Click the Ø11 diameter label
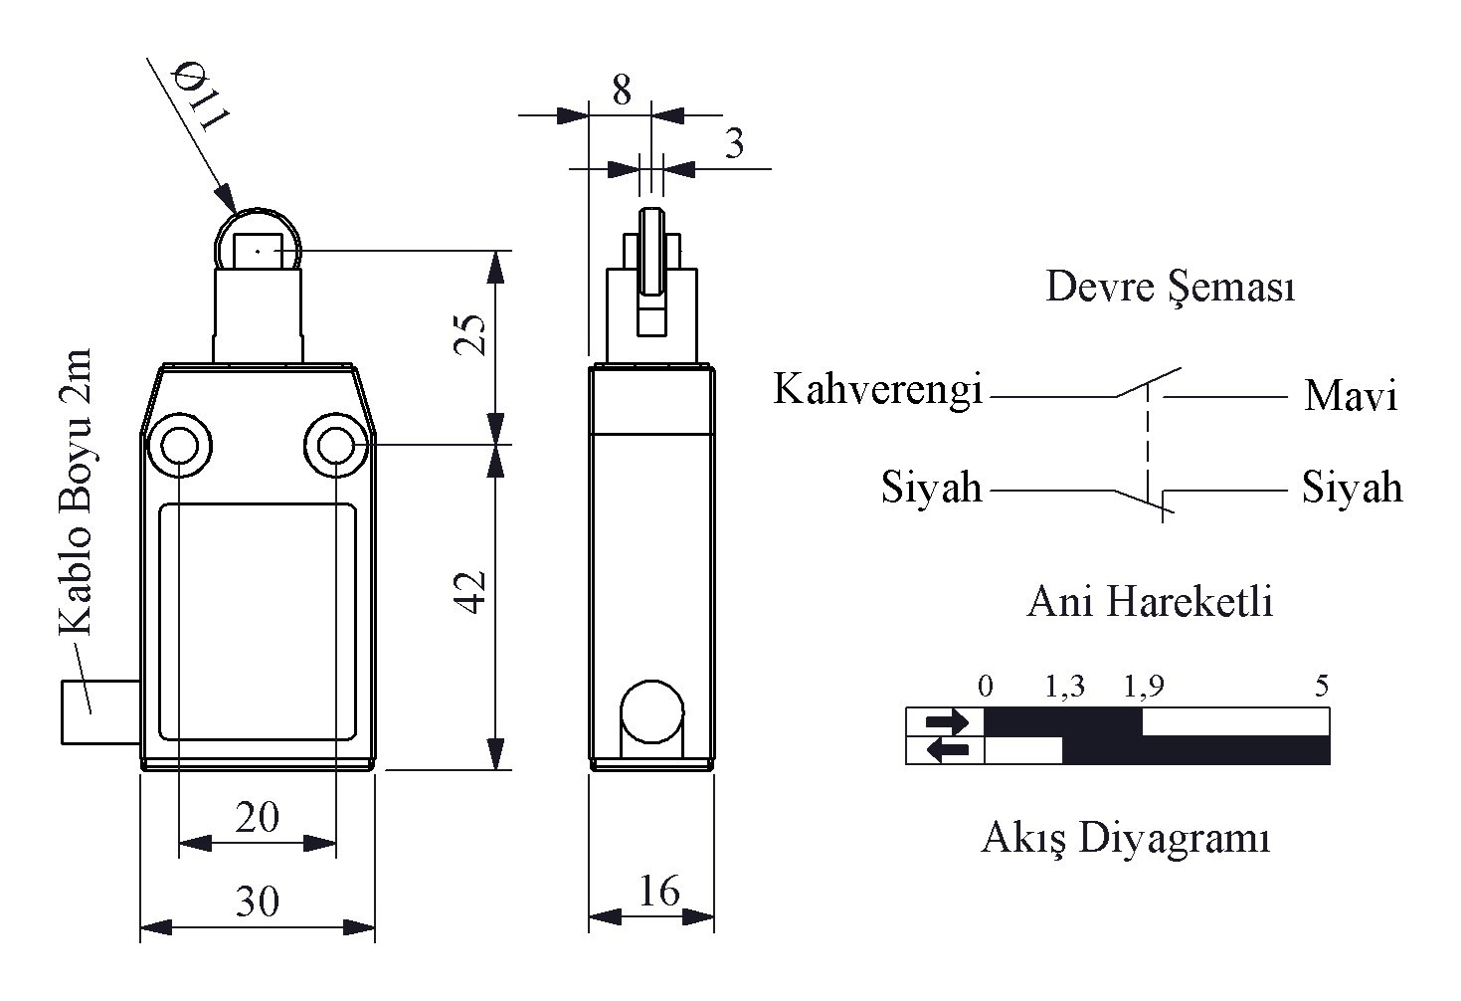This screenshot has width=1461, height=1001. pos(202,96)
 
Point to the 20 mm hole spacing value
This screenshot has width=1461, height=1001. pos(257,817)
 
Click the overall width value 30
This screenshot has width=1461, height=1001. pos(257,901)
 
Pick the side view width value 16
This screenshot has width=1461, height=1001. pos(658,891)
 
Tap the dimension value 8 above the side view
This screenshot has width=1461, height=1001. pos(622,91)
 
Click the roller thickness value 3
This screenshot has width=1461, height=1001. pos(734,145)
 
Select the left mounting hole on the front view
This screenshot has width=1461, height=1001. pos(179,445)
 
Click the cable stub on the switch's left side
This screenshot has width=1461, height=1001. pos(99,711)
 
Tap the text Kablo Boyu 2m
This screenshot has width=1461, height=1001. pos(76,493)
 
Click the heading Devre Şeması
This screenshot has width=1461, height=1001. pos(1171,289)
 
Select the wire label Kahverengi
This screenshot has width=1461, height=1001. pos(878,389)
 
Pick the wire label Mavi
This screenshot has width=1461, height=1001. pos(1351,396)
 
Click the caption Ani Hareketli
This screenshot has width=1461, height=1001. pos(1150,602)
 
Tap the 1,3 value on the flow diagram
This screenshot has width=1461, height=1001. pos(1064,686)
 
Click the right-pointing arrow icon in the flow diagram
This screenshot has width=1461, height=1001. pos(945,721)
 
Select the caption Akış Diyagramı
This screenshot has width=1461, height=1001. pos(1126,838)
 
